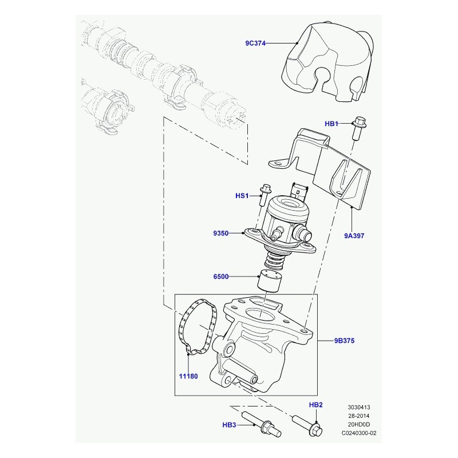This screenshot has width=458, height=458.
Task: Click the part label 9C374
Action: (255, 44)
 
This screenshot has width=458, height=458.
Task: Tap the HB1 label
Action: (331, 124)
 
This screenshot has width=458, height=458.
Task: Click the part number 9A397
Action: (354, 236)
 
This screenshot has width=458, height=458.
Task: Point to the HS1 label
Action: (242, 196)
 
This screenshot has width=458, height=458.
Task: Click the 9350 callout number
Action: (221, 233)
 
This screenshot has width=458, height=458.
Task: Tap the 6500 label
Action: (221, 277)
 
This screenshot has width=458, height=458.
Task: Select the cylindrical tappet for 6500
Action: (269, 281)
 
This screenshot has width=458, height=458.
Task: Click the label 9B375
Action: (345, 341)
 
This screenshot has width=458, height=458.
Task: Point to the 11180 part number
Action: (188, 376)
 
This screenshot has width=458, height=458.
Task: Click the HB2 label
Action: (316, 405)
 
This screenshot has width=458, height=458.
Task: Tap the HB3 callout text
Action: (230, 425)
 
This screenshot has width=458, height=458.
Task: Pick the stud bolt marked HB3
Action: (262, 424)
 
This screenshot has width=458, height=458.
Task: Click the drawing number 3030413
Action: (359, 407)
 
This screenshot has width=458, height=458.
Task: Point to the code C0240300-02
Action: (359, 433)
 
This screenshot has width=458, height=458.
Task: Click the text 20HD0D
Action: (359, 424)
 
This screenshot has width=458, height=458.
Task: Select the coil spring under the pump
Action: (274, 260)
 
